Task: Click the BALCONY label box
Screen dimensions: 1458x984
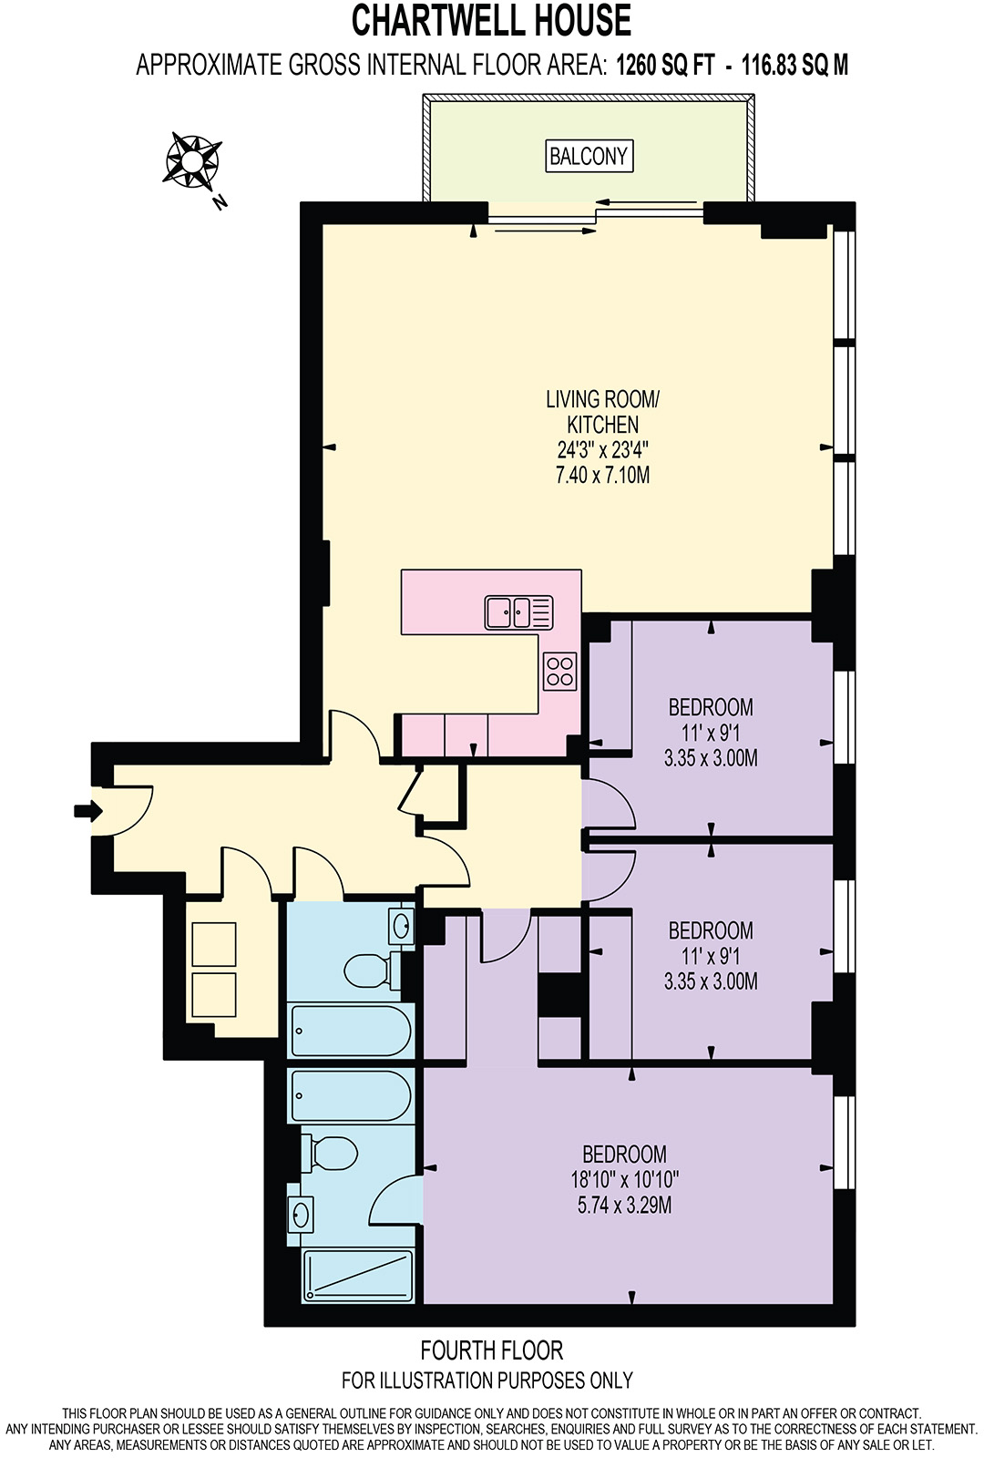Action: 589,156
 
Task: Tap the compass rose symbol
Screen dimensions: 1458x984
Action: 192,161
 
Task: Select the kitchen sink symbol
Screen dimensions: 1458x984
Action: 518,611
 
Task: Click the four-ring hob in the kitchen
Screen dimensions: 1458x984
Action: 559,671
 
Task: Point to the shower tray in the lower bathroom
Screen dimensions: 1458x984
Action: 358,1275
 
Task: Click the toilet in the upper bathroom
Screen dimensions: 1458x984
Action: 368,970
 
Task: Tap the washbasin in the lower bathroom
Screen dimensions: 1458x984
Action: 301,1214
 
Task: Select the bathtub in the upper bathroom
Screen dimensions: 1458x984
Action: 350,1030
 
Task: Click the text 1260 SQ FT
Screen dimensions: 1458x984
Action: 665,65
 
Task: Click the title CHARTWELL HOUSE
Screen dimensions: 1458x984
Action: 491,20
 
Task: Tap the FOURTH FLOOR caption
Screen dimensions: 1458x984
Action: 491,1350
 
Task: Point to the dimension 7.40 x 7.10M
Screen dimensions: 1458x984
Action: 602,475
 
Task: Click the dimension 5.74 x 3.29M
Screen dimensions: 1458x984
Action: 624,1205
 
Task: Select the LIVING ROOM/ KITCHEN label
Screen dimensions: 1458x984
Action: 602,412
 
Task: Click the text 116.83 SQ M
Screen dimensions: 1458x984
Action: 794,65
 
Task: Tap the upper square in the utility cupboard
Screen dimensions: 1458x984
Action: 214,944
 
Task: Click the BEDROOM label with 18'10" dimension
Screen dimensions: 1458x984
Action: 624,1154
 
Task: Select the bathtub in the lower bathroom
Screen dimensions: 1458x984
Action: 350,1095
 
